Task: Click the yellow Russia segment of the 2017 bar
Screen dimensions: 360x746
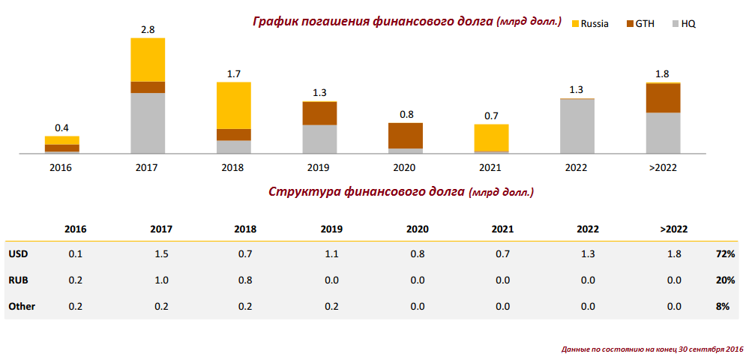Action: [x=148, y=59]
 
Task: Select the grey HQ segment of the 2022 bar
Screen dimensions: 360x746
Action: [x=577, y=126]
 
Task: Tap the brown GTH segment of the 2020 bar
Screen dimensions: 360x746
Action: [x=406, y=135]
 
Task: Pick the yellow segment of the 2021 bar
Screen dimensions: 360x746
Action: [x=491, y=138]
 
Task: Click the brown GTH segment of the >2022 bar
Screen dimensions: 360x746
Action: [x=663, y=97]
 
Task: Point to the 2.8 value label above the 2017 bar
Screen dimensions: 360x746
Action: [x=148, y=29]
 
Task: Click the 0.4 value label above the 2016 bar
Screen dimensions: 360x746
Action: [x=61, y=127]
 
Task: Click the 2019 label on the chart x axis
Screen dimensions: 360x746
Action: [x=319, y=167]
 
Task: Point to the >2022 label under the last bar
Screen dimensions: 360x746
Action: [x=663, y=167]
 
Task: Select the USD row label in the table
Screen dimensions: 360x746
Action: [x=18, y=254]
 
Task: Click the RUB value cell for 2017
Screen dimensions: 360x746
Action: [x=161, y=280]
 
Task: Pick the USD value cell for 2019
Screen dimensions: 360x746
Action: [x=331, y=254]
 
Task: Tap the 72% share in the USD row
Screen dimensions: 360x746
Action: [x=725, y=254]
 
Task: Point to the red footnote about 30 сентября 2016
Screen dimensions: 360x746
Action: [x=652, y=349]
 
